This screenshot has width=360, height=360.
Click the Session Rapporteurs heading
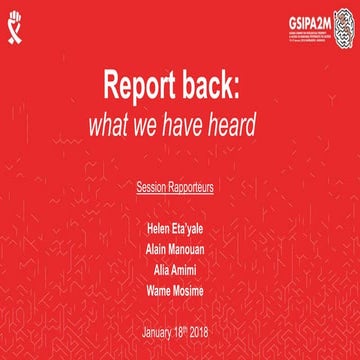[180, 187]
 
